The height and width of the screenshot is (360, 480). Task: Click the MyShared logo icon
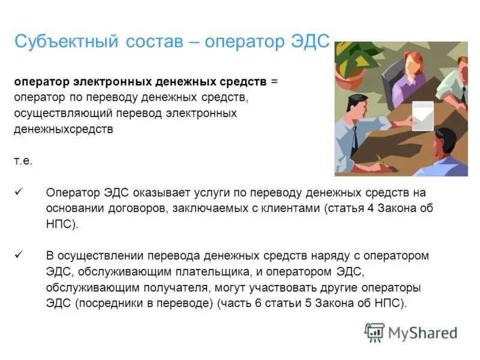click(375, 331)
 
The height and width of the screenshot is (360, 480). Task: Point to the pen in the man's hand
click(380, 160)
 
